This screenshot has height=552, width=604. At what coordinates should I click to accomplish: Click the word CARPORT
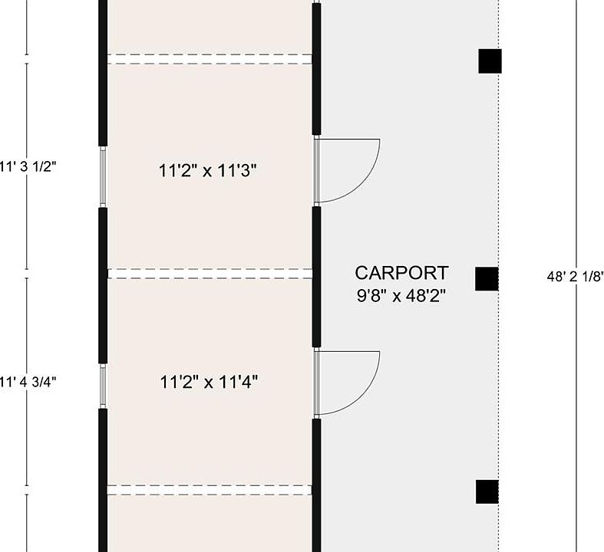tap(401, 273)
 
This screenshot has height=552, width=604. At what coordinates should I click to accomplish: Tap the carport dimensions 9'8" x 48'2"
tap(401, 296)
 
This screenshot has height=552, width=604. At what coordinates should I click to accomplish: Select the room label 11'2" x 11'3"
tap(208, 170)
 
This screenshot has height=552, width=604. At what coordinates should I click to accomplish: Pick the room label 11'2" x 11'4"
tap(209, 383)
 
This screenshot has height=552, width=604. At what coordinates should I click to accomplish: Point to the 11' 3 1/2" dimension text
tap(28, 167)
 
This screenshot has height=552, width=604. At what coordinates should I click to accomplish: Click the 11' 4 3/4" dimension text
tap(28, 382)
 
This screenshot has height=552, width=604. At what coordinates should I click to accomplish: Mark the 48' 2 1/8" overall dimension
tap(575, 277)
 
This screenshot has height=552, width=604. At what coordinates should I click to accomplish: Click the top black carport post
tap(490, 61)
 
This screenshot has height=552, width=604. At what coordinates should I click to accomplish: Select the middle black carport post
tap(487, 279)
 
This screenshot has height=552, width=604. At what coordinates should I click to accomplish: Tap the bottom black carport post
tap(487, 491)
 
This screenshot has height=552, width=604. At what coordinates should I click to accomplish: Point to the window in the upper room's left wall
tap(103, 176)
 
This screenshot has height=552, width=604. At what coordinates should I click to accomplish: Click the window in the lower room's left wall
tap(103, 386)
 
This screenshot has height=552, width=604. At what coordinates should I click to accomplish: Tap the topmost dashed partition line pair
tap(210, 59)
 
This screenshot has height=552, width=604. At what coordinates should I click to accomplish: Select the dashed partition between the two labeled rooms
tap(210, 274)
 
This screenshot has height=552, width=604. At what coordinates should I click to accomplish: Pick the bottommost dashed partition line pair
tap(210, 490)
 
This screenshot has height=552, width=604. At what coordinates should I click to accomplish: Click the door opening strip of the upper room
tap(317, 170)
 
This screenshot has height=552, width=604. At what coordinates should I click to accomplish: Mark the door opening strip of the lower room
tap(317, 383)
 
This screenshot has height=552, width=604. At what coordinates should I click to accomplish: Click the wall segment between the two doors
tap(316, 277)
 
